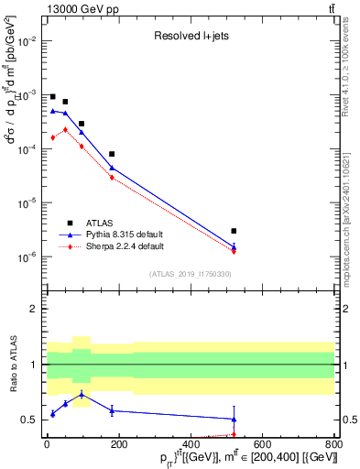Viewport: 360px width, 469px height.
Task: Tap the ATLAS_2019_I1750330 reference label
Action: (191, 274)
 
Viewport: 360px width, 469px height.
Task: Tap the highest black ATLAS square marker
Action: (52, 96)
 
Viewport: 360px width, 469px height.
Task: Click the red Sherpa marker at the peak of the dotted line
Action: (65, 129)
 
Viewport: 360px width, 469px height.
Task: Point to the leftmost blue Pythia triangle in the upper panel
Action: (52, 111)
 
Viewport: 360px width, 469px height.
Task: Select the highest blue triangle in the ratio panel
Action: (82, 395)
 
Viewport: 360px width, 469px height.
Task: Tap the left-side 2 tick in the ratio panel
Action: (38, 309)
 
